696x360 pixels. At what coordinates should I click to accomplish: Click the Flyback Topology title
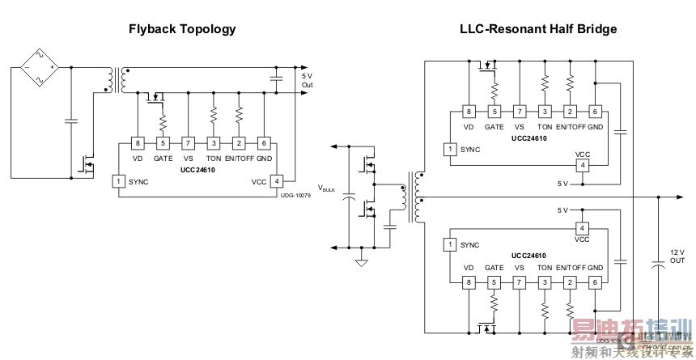point(182,29)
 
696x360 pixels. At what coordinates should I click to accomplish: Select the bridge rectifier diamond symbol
point(37,66)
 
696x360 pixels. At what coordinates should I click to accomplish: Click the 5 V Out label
point(307,78)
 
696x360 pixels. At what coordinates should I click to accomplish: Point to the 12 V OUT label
point(677,255)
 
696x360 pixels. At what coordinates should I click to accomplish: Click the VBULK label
point(327,188)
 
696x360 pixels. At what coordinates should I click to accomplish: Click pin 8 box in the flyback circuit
point(138,143)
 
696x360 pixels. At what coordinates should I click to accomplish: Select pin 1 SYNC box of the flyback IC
point(117,181)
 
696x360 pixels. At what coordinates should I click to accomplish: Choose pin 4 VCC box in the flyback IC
point(276,181)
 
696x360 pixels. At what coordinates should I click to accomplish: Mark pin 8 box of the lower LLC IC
point(468,282)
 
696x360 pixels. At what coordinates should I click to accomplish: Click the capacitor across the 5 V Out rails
point(275,78)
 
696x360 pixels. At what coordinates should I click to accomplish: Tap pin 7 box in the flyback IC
point(188,143)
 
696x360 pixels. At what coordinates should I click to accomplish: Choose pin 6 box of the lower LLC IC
point(595,282)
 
